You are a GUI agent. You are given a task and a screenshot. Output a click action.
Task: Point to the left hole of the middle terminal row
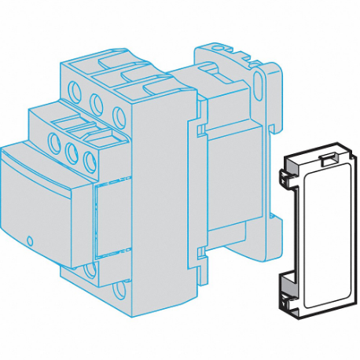[56, 141]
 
